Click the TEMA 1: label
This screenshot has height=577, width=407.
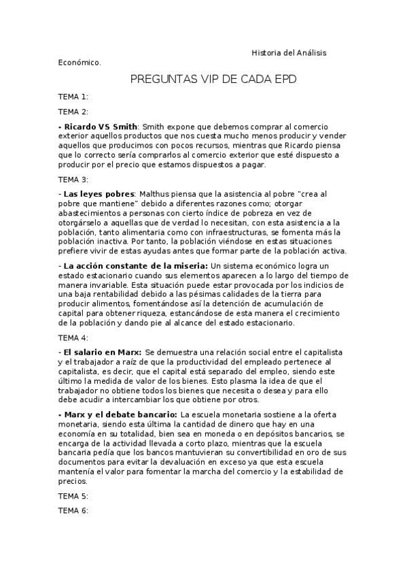pyautogui.click(x=73, y=97)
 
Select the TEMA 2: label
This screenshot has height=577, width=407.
pyautogui.click(x=73, y=112)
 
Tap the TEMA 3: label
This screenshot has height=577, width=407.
pyautogui.click(x=73, y=180)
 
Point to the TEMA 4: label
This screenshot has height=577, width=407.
pyautogui.click(x=73, y=337)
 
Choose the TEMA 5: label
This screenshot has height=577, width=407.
pyautogui.click(x=73, y=495)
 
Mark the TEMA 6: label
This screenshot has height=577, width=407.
pyautogui.click(x=73, y=510)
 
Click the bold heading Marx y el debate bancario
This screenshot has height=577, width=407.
pyautogui.click(x=120, y=414)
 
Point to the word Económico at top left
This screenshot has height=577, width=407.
pyautogui.click(x=79, y=63)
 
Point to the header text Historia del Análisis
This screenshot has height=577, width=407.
pyautogui.click(x=292, y=53)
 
